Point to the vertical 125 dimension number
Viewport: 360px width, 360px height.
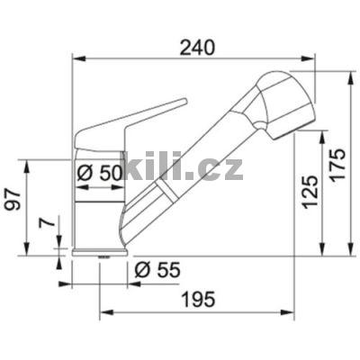tap(309, 191)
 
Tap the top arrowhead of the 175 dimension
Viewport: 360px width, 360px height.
tap(348, 69)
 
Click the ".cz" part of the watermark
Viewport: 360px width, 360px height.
tap(217, 168)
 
